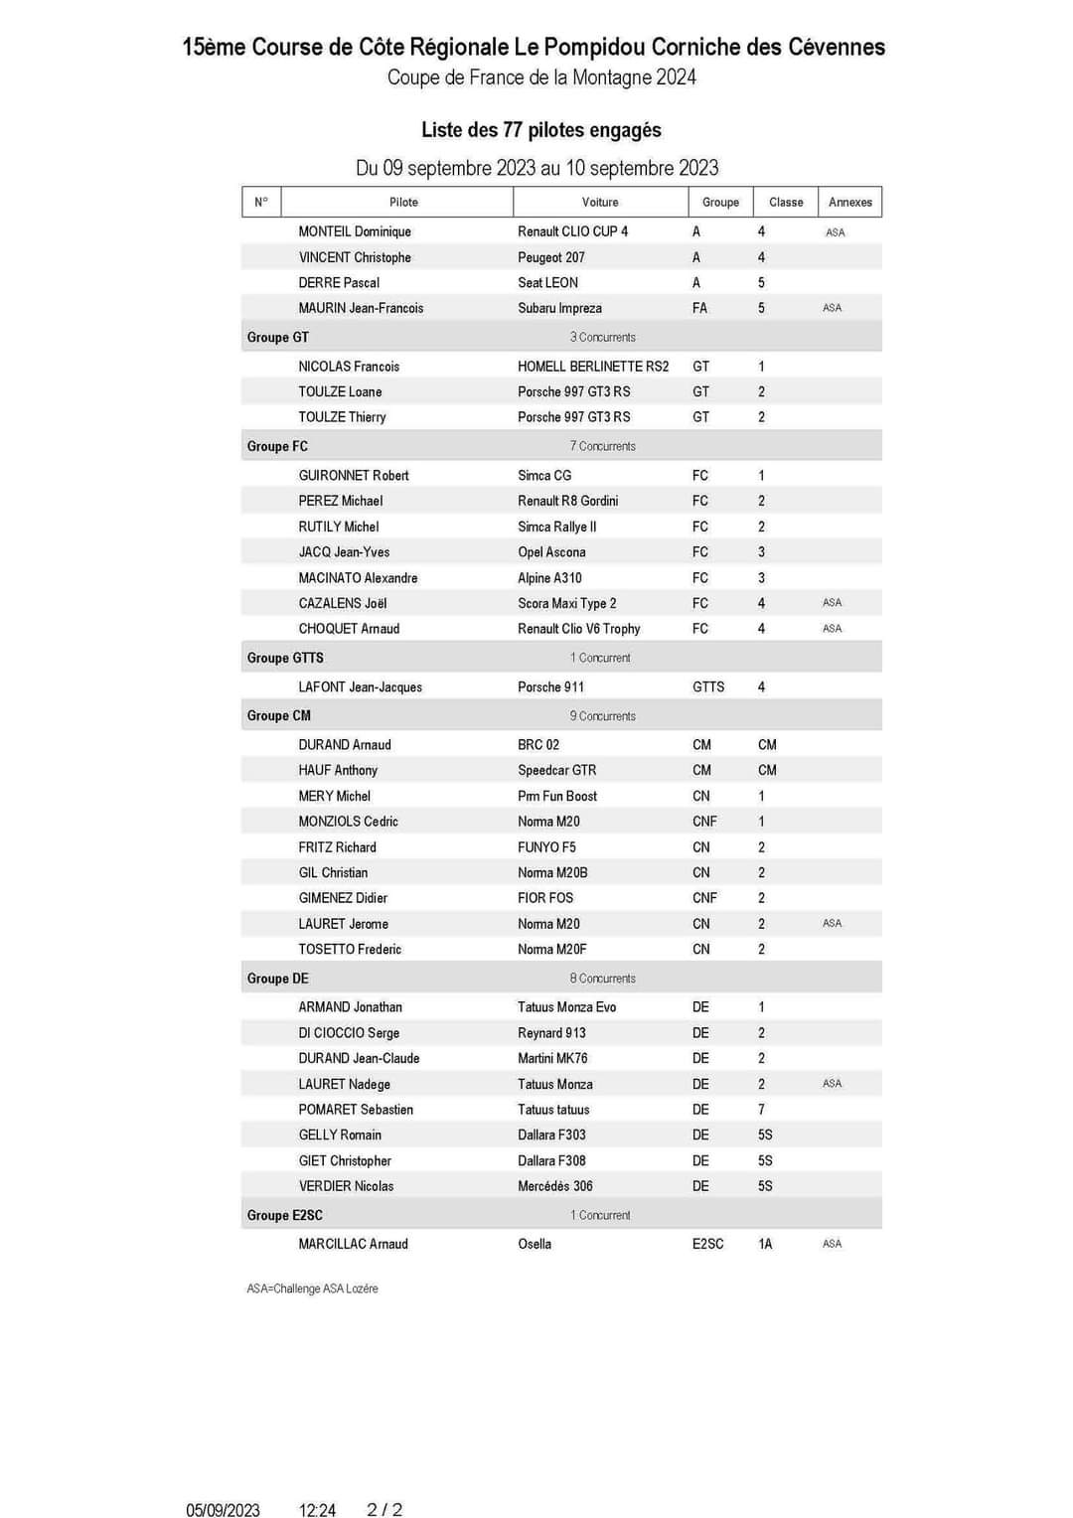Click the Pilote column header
pyautogui.click(x=403, y=202)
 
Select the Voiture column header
pyautogui.click(x=600, y=202)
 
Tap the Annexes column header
pyautogui.click(x=849, y=202)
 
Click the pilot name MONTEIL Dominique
pyautogui.click(x=355, y=231)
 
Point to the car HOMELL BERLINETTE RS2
pyautogui.click(x=593, y=367)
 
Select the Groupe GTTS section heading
pyautogui.click(x=285, y=658)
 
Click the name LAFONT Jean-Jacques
pyautogui.click(x=360, y=686)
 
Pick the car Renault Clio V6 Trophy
pyautogui.click(x=578, y=629)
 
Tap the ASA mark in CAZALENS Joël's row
pyautogui.click(x=832, y=603)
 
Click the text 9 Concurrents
pyautogui.click(x=602, y=716)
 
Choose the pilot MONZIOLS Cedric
pyautogui.click(x=348, y=822)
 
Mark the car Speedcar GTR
pyautogui.click(x=556, y=770)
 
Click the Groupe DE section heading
pyautogui.click(x=277, y=979)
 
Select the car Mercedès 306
pyautogui.click(x=554, y=1186)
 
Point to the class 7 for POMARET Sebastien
pyautogui.click(x=761, y=1110)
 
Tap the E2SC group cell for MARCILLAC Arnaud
pyautogui.click(x=707, y=1244)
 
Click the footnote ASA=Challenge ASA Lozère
pyautogui.click(x=312, y=1289)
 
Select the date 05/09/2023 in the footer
pyautogui.click(x=223, y=1510)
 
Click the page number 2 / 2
pyautogui.click(x=384, y=1510)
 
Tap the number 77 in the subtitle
pyautogui.click(x=512, y=130)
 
